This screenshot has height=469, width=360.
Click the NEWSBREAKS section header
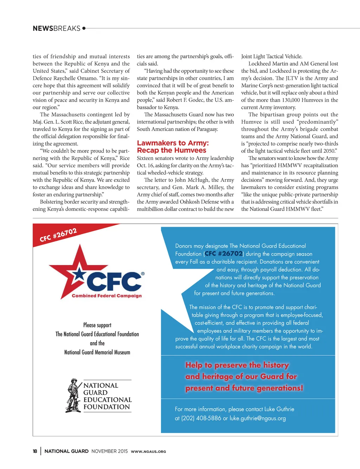tap(57, 28)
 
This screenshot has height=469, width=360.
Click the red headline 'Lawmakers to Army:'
tap(173, 143)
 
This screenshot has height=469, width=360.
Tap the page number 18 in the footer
tap(35, 451)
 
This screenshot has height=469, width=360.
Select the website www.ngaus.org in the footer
tap(148, 451)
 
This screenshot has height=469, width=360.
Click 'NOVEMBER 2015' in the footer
tap(109, 451)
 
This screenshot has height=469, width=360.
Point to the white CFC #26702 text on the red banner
tap(58, 235)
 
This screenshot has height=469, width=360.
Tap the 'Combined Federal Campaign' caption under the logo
tap(107, 296)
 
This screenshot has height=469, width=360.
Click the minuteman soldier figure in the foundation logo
tap(73, 396)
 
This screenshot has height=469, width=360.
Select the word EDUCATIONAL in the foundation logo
tap(107, 400)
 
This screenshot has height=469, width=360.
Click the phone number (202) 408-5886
tap(201, 418)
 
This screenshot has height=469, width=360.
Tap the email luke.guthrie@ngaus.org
tap(257, 418)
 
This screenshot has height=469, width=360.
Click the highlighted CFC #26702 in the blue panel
tap(224, 253)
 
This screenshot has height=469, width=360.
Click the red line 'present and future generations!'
tap(244, 388)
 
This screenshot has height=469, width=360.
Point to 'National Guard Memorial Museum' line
tap(97, 352)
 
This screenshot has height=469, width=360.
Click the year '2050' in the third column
tap(329, 151)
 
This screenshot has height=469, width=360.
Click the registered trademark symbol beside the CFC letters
tap(142, 273)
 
